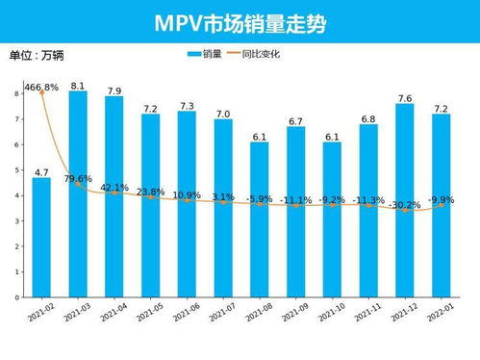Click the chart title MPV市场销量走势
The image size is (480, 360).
pos(240,22)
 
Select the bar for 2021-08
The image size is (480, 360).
pos(260,220)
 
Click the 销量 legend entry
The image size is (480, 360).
pos(206,54)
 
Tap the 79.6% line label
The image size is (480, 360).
pos(78,179)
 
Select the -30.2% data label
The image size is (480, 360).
pos(404,205)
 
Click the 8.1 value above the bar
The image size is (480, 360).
pos(78,86)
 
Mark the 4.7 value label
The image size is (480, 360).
pos(41,172)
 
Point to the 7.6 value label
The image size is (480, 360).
pos(405,98)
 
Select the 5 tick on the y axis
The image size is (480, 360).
pos(17,170)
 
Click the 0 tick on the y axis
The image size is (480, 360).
pos(17,298)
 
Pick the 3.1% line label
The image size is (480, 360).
pos(223,196)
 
